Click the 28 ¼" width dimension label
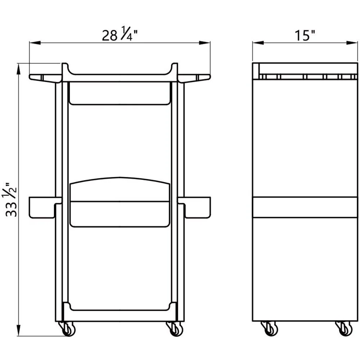120,34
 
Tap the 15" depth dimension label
305,36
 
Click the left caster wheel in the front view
67,329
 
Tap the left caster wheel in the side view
270,329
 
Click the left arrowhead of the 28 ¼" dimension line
35,43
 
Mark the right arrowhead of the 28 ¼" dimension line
204,43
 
